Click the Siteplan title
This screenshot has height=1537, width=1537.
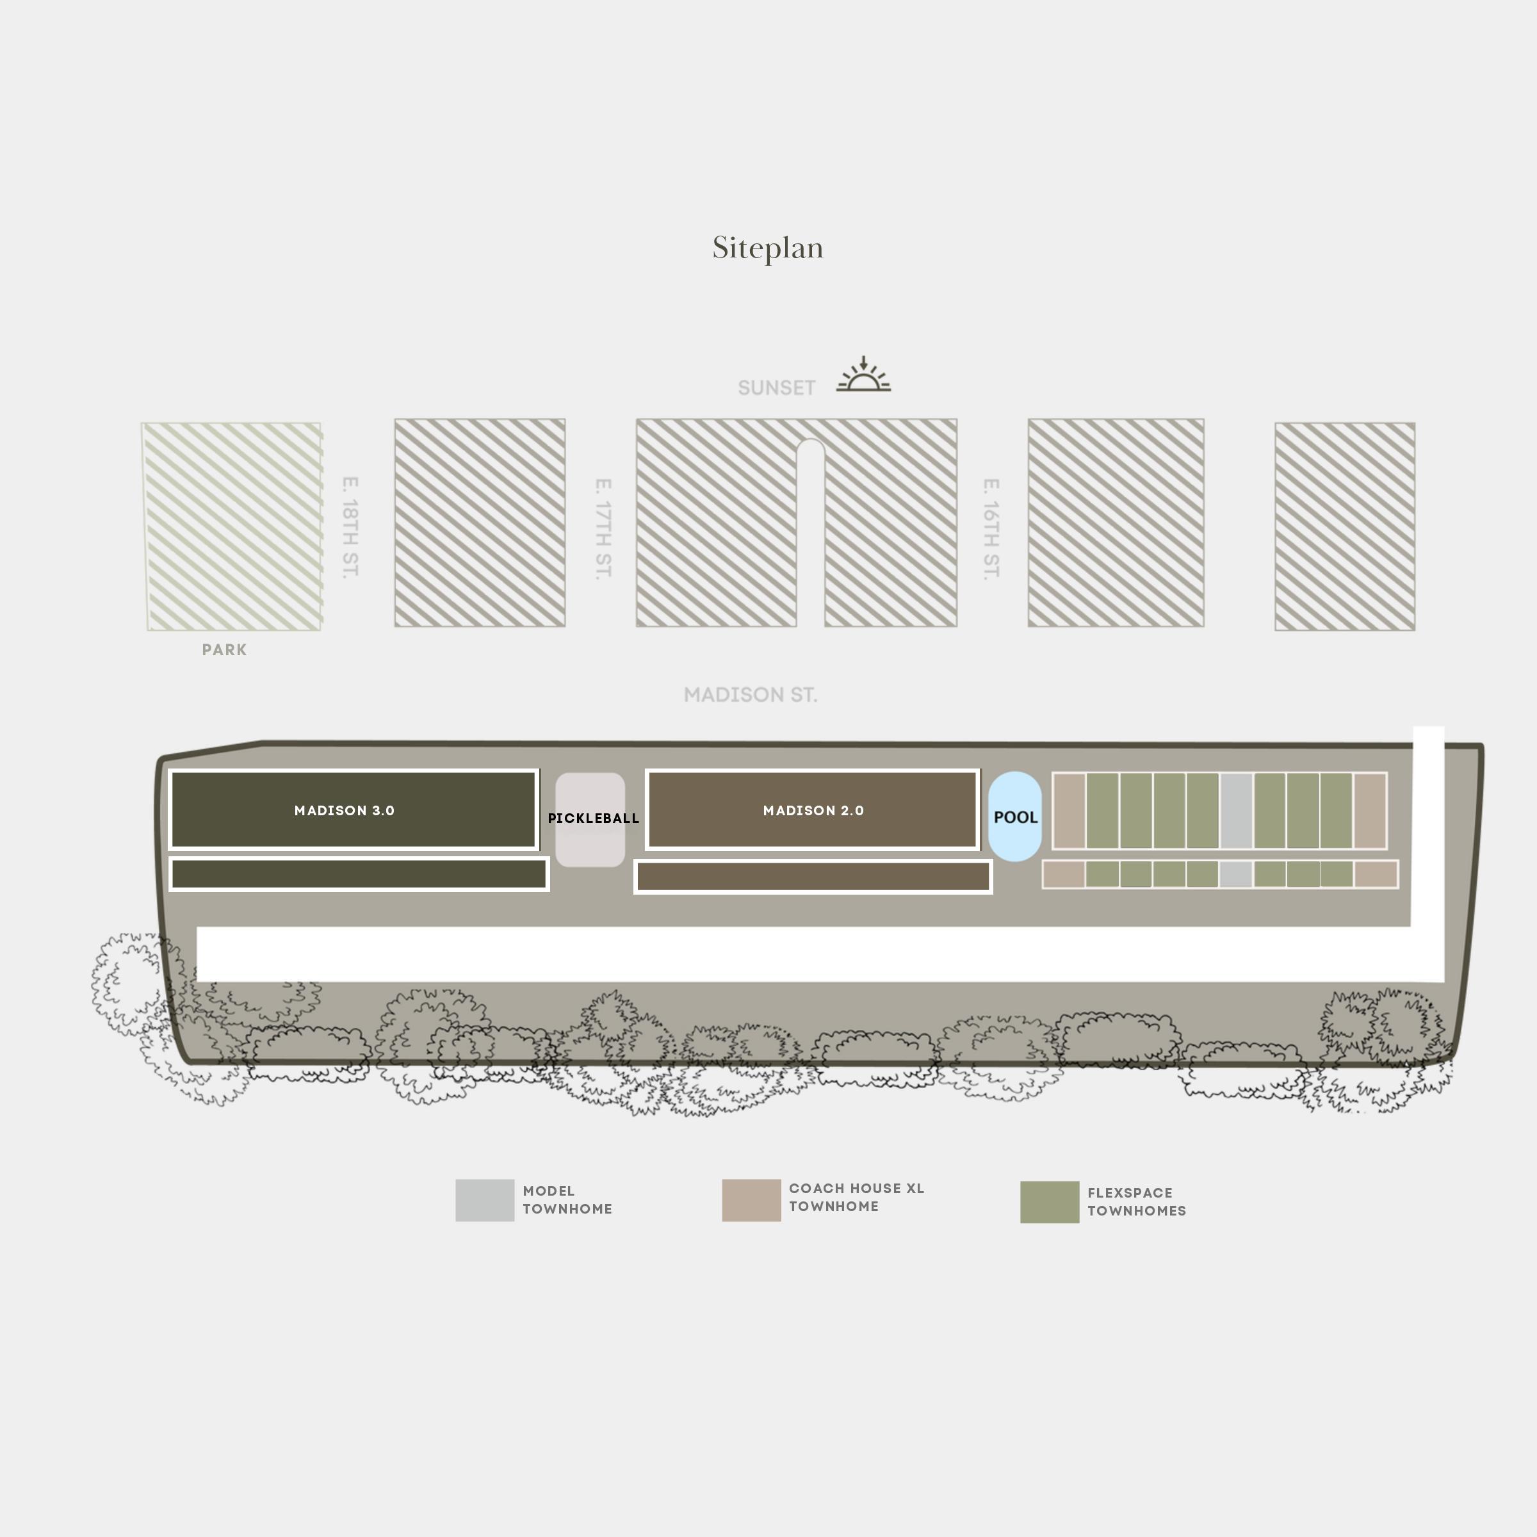coord(768,248)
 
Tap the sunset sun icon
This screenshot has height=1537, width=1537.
coord(863,377)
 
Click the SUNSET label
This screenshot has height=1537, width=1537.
coord(776,388)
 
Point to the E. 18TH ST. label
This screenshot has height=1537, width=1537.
coord(350,528)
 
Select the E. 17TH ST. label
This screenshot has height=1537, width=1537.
coord(603,529)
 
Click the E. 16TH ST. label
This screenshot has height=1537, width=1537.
coord(991,529)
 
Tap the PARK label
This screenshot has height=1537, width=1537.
coord(224,650)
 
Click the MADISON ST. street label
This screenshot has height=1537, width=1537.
coord(750,695)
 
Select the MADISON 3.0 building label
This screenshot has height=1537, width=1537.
coord(345,811)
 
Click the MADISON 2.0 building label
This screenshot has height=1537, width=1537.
coord(813,811)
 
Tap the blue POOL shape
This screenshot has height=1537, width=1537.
coord(1015,817)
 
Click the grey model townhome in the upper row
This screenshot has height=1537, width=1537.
coord(1236,811)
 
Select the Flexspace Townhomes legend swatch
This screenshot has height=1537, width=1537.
coord(1050,1202)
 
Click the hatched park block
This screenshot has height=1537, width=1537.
coord(232,526)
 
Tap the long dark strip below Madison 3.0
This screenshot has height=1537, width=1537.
coord(359,874)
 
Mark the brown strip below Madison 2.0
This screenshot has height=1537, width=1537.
coord(813,877)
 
